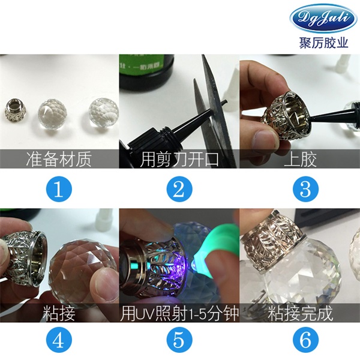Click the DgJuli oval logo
click(324, 19)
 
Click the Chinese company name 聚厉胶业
click(324, 42)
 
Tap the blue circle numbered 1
click(58, 190)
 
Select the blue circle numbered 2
click(179, 190)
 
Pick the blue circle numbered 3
click(305, 190)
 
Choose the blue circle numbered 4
click(58, 340)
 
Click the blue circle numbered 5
click(179, 340)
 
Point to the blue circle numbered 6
click(305, 340)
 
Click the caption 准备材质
click(59, 159)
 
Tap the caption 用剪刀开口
click(179, 159)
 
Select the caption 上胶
click(301, 159)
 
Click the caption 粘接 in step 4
click(59, 313)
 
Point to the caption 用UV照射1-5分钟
click(179, 313)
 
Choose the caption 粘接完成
click(301, 313)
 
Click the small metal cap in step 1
click(15, 112)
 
